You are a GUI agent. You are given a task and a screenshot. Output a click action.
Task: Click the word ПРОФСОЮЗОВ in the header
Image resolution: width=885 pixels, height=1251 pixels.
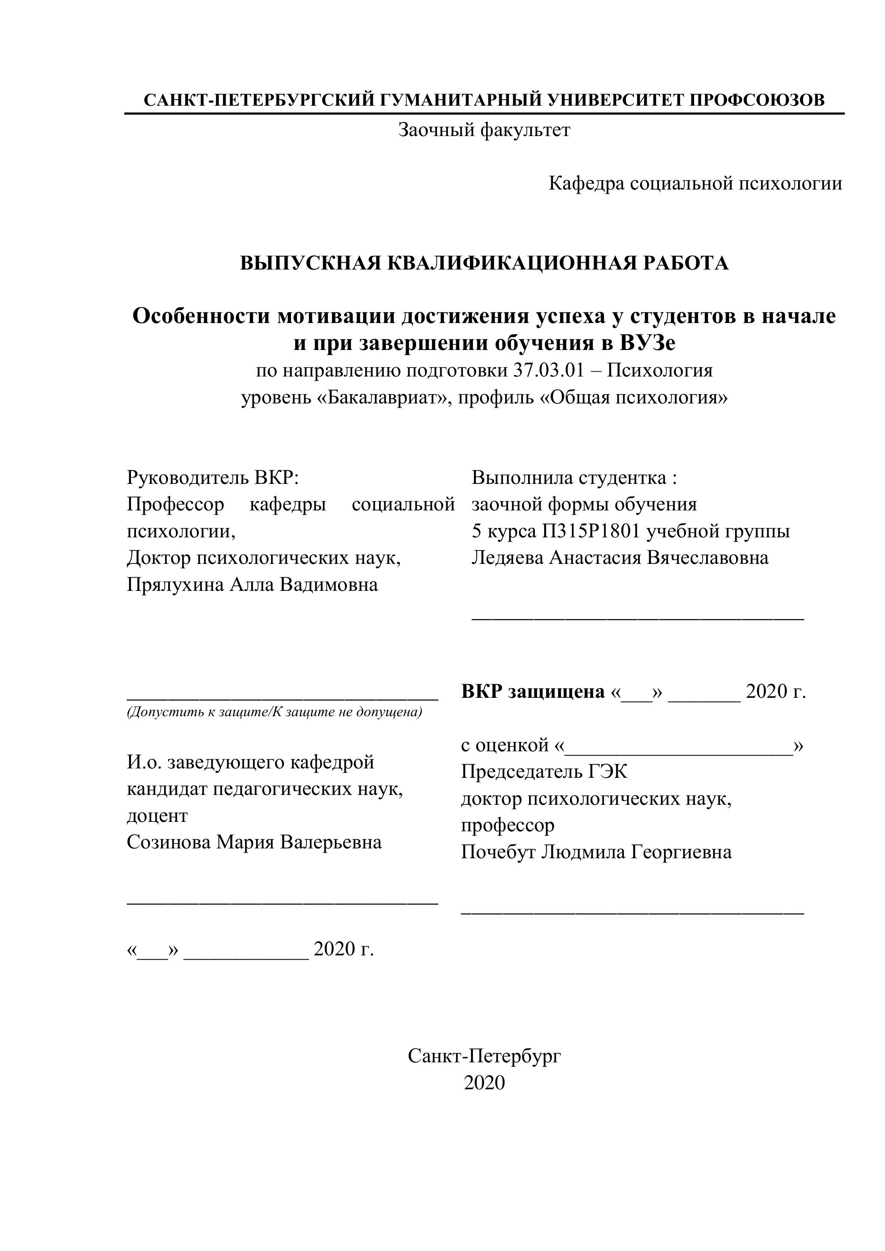[757, 100]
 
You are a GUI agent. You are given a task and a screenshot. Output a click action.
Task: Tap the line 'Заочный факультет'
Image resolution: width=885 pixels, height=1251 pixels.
[484, 130]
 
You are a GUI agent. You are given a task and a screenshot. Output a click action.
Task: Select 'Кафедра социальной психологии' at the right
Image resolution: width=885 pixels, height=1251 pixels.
[695, 184]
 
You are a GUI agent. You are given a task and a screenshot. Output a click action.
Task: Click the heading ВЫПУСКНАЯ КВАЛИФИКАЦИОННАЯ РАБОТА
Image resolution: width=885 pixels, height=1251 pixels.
[484, 263]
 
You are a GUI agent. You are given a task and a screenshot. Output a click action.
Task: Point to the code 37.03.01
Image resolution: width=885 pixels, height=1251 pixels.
[548, 371]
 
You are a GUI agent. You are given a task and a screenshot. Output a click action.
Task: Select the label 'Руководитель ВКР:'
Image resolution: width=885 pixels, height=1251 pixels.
[213, 477]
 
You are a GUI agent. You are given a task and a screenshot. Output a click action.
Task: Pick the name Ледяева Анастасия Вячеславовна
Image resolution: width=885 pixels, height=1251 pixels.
[620, 557]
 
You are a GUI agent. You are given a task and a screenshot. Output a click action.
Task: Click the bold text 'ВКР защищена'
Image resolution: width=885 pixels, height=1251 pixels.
[532, 691]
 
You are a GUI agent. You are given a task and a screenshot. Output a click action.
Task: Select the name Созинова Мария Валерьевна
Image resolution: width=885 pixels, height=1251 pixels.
[254, 842]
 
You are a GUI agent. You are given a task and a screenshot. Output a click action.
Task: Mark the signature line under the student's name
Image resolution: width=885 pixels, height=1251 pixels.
[637, 618]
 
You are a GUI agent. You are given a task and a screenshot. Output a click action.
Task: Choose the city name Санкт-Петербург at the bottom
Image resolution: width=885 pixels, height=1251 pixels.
[484, 1056]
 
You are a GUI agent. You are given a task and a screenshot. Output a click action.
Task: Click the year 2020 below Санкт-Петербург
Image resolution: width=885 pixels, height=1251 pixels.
[484, 1082]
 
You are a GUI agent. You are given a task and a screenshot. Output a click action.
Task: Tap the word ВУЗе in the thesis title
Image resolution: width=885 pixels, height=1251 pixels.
[647, 343]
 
